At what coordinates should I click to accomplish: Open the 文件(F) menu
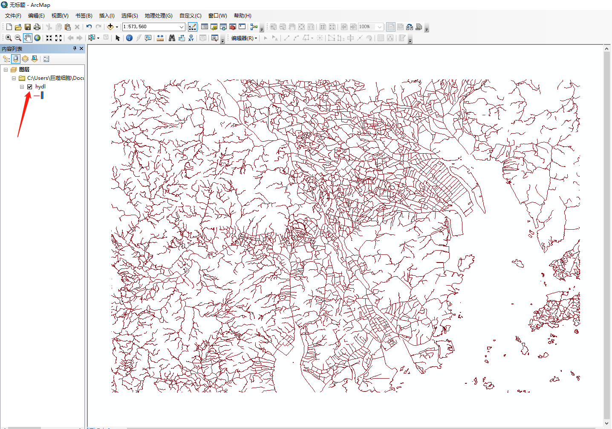click(13, 16)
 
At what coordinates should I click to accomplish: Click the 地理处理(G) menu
click(158, 16)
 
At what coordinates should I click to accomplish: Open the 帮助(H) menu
click(242, 16)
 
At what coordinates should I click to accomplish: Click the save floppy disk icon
click(28, 27)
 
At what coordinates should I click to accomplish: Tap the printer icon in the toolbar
click(37, 27)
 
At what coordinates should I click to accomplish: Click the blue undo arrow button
click(89, 27)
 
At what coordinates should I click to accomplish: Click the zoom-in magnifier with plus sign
click(9, 38)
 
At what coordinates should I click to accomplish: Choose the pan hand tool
click(28, 38)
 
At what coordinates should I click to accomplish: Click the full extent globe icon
click(38, 38)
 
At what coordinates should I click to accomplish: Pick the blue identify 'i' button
click(129, 38)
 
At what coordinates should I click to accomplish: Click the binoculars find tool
click(172, 38)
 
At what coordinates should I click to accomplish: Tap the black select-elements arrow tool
click(118, 38)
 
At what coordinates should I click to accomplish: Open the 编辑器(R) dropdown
click(244, 38)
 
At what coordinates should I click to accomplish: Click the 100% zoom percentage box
click(367, 27)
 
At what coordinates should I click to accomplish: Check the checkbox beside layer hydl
click(30, 87)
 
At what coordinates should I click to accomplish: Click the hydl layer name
click(40, 87)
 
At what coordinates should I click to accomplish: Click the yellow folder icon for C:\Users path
click(22, 78)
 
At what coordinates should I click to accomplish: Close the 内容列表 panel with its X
click(81, 49)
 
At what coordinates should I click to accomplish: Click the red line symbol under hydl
click(37, 96)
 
